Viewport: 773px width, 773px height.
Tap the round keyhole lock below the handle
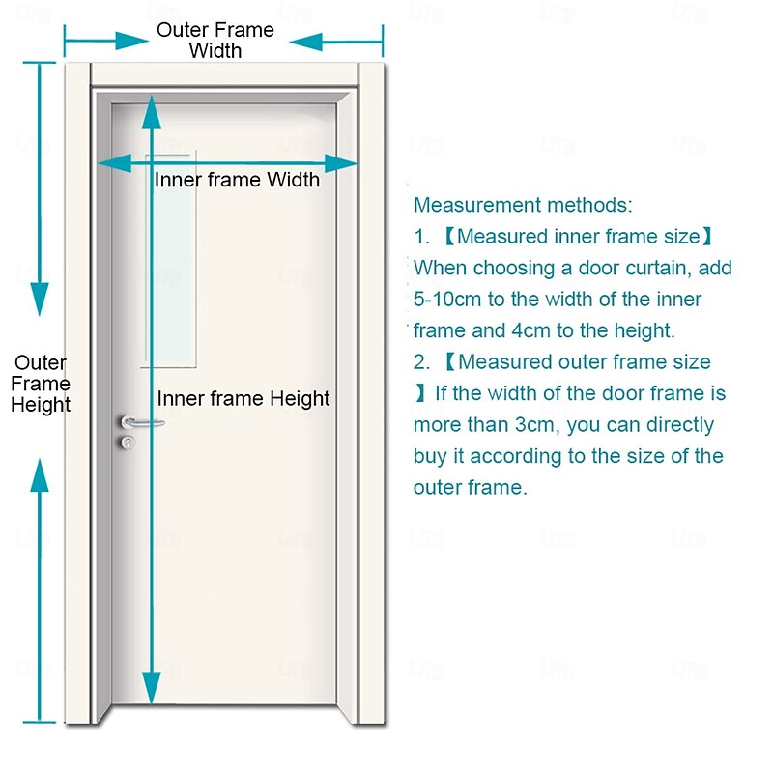(x=126, y=442)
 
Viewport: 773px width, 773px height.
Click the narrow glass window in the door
(x=169, y=261)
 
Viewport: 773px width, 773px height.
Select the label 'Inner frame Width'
(x=237, y=180)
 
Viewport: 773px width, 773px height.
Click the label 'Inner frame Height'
(x=243, y=398)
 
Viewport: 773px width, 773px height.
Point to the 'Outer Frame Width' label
(x=215, y=41)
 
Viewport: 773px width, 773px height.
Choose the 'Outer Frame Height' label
(x=41, y=384)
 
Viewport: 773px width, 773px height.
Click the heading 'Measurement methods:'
(x=523, y=205)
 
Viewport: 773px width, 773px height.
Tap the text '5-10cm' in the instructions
(x=446, y=300)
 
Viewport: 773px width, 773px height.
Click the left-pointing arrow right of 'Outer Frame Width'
(x=307, y=42)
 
